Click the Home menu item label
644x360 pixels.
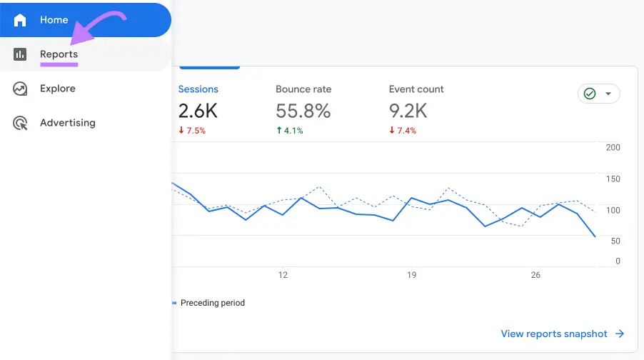coord(54,20)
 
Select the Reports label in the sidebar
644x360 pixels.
coord(59,54)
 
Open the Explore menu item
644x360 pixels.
coord(57,89)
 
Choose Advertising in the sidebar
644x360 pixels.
coord(67,123)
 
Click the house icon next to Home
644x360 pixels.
coord(20,20)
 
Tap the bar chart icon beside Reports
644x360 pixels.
coord(20,54)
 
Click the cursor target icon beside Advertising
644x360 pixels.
coord(20,123)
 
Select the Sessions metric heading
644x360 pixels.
coord(198,89)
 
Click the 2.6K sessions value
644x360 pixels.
coord(198,111)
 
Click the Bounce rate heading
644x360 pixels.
coord(303,89)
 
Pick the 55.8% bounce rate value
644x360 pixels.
coord(303,111)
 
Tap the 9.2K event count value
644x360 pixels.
coord(408,111)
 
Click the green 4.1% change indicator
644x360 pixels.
coord(289,131)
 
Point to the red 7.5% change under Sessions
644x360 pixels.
coord(192,131)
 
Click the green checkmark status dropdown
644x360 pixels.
coord(598,94)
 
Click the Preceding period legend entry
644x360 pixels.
coord(212,303)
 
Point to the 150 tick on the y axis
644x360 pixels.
coord(613,179)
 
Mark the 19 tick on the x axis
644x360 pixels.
coord(411,275)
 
